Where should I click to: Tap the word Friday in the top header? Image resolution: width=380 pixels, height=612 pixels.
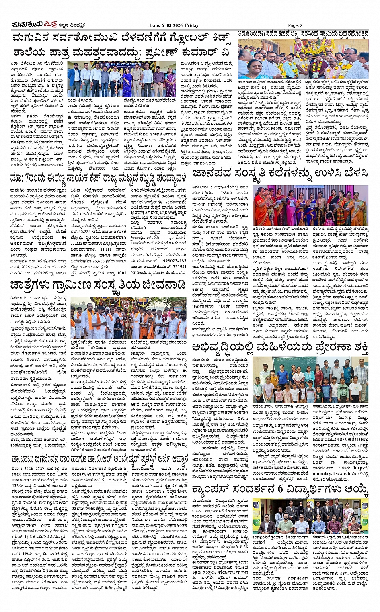pyautogui.click(x=192, y=25)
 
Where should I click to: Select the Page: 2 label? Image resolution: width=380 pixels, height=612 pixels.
pyautogui.click(x=295, y=25)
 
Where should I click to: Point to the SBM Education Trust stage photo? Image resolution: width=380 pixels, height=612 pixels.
pyautogui.click(x=121, y=79)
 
